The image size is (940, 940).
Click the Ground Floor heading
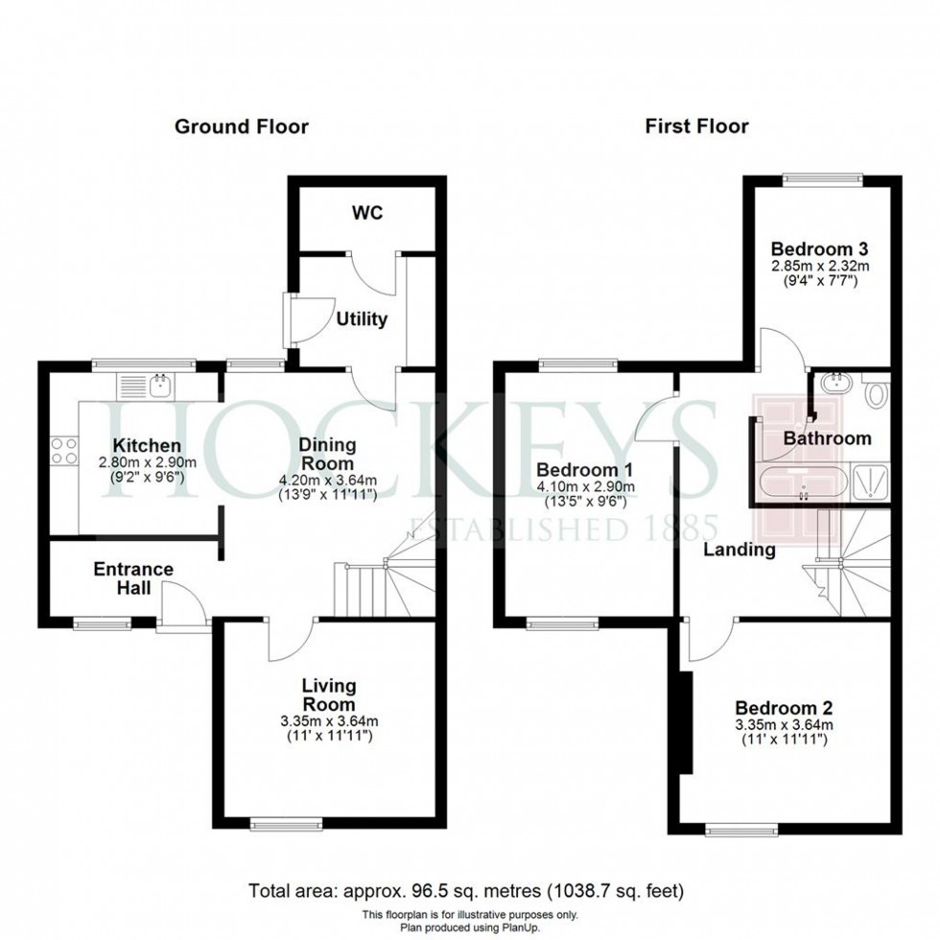241,126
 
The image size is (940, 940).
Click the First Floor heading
696,126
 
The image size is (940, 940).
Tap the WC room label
367,212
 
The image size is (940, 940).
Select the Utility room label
362,318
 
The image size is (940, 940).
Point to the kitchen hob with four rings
62,451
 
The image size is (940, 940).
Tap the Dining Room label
327,453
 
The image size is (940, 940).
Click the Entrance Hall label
133,578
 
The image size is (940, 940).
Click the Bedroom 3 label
813,245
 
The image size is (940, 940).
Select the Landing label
739,550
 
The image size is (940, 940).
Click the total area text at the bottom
467,888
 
